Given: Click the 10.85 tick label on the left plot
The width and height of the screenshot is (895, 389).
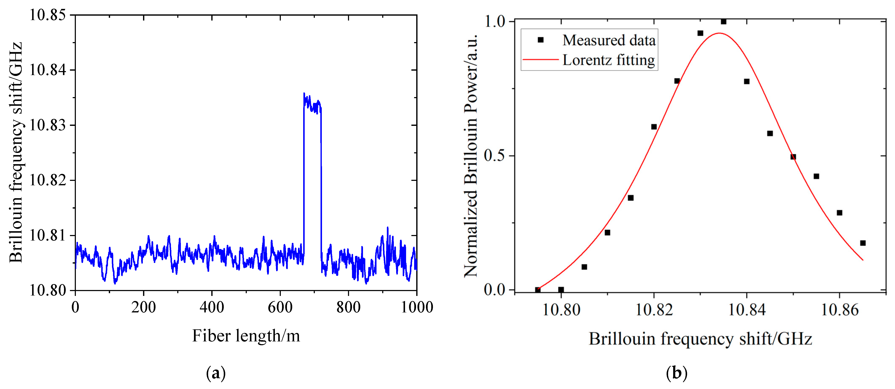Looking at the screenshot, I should tap(47, 15).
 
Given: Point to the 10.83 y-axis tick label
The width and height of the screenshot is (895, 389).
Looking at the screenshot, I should tap(47, 125).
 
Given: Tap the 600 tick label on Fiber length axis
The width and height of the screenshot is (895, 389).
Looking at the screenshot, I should tap(280, 307).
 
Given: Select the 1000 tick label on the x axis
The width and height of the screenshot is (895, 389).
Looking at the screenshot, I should tap(417, 307).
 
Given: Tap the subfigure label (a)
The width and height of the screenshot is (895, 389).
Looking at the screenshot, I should tap(216, 373).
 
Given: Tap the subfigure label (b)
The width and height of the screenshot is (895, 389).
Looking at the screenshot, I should tap(677, 373).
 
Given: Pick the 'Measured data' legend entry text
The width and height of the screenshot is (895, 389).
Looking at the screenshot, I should tap(609, 40).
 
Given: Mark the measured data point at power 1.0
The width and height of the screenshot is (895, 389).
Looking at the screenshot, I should tap(723, 22).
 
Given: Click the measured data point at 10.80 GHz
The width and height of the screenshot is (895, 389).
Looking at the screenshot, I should tap(561, 290).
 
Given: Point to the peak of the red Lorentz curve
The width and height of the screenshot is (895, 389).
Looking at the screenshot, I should tap(719, 33).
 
